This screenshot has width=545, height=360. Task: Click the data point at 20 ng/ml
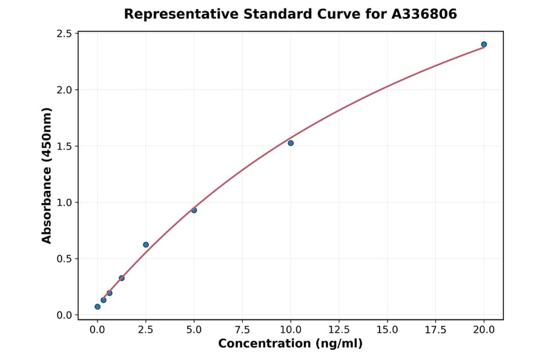click(x=484, y=44)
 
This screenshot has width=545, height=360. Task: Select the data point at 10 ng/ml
click(x=291, y=143)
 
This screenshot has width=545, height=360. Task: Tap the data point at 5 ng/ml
click(x=194, y=210)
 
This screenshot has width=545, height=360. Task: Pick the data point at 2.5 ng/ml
click(x=146, y=245)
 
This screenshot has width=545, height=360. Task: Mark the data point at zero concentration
click(x=97, y=307)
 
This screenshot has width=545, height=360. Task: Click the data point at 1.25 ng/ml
click(x=122, y=278)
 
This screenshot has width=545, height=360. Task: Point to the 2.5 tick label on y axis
click(x=65, y=33)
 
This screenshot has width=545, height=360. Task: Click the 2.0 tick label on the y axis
click(x=65, y=90)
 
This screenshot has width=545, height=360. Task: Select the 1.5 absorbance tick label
click(x=65, y=146)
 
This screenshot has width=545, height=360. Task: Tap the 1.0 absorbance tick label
click(x=65, y=202)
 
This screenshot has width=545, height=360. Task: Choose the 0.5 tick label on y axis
click(x=65, y=259)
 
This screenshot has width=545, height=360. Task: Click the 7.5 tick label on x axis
click(x=242, y=330)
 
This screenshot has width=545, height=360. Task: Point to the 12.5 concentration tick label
click(x=339, y=330)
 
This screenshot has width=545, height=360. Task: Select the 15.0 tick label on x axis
click(x=388, y=330)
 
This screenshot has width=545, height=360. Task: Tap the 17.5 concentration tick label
click(x=436, y=330)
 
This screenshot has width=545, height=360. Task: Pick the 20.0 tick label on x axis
click(x=484, y=330)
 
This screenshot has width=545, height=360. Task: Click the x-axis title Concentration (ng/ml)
click(x=291, y=344)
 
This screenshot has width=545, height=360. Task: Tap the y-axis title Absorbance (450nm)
click(x=47, y=175)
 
